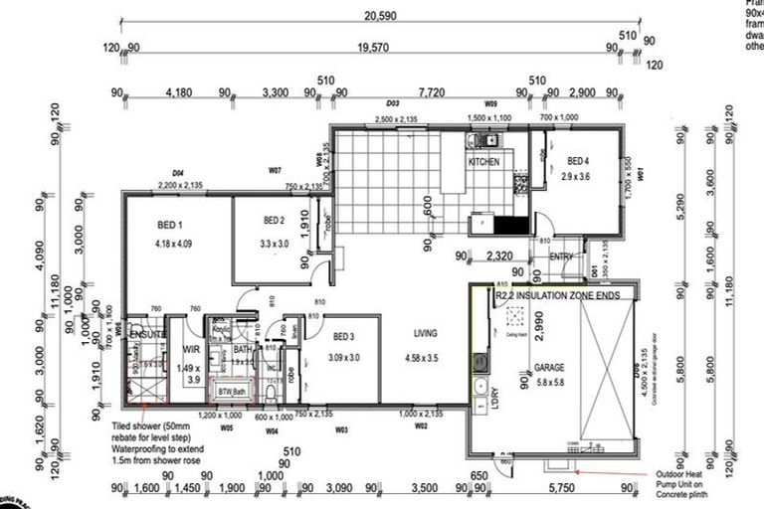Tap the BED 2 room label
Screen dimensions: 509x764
(276, 220)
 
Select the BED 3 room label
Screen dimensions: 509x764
(345, 336)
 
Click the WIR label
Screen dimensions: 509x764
(193, 349)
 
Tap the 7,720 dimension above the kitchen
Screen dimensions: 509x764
(431, 92)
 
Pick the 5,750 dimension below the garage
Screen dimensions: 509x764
(558, 488)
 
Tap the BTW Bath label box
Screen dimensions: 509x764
(231, 393)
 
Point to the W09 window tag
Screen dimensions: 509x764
(490, 102)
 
